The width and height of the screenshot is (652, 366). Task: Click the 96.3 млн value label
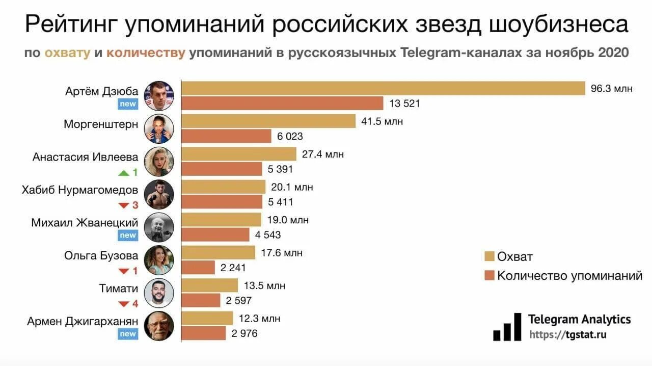click(x=611, y=88)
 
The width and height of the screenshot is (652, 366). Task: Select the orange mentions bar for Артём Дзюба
click(x=282, y=103)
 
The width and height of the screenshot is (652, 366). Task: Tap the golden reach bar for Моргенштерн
click(x=268, y=121)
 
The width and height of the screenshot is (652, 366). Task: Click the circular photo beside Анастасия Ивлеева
click(x=159, y=162)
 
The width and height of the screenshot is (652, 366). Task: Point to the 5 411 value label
click(x=281, y=202)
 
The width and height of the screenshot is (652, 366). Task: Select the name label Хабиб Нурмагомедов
click(x=79, y=190)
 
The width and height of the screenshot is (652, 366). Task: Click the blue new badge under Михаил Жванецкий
click(x=128, y=235)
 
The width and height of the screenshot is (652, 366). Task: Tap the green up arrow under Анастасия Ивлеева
click(x=124, y=172)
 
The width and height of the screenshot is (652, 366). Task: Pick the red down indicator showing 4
click(x=128, y=304)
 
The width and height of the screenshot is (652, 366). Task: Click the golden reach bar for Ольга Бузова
click(x=219, y=252)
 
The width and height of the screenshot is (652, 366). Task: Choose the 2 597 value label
click(x=239, y=301)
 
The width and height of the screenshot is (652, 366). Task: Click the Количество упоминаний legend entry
click(x=563, y=276)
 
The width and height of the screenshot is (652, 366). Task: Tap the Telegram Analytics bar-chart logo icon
click(x=507, y=327)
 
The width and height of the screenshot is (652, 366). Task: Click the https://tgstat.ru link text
click(x=568, y=335)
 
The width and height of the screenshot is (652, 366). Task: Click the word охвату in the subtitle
click(x=68, y=53)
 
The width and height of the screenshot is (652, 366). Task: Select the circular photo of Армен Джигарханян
click(x=159, y=326)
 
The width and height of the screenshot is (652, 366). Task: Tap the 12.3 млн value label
click(x=259, y=319)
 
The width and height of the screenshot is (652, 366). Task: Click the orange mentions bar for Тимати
click(x=201, y=301)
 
